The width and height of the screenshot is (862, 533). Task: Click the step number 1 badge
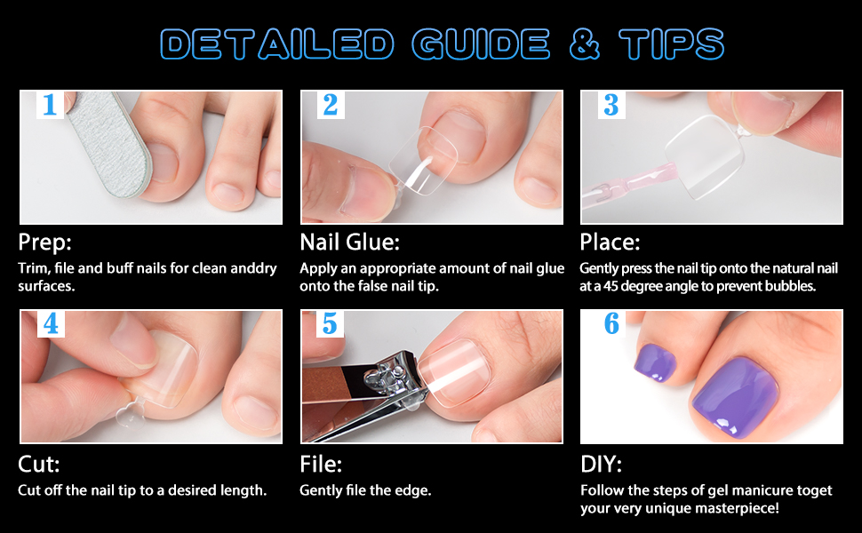pos(49,106)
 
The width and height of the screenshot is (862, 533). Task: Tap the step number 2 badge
pos(331,106)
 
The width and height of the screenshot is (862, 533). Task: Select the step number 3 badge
pos(611,106)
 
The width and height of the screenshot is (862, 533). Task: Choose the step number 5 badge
pos(331,324)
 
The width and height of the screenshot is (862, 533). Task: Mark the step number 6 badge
pos(611,324)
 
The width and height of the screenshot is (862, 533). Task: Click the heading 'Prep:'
pos(44,243)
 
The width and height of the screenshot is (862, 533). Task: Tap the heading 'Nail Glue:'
pos(349,243)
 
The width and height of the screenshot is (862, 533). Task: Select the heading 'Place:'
pos(610,243)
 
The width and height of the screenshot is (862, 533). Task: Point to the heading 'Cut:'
pos(38,465)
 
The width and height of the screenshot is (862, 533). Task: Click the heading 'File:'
pos(320,465)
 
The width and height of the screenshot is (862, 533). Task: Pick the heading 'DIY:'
pos(601,465)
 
